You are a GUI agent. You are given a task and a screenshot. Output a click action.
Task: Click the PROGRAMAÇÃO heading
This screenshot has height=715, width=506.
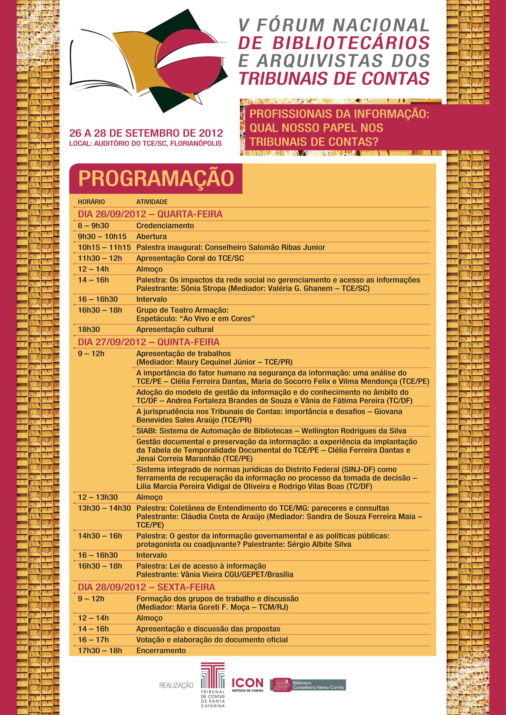pos(156,178)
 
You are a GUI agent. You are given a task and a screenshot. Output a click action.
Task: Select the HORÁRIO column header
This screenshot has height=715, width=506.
pos(91,202)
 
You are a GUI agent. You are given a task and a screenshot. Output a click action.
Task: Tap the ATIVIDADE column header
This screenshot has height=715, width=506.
pos(152,202)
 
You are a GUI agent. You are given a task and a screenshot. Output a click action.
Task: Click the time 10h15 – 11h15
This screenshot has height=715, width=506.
pos(104,248)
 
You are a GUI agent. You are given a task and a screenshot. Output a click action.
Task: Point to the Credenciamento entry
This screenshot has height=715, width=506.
pos(165,226)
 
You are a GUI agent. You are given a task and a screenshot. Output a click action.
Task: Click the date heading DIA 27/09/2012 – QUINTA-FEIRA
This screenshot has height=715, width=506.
pos(149,342)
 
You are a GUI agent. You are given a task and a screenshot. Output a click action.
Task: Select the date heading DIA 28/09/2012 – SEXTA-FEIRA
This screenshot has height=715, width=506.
pos(147,587)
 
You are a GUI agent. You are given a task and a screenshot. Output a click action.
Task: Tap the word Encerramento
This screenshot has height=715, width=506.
pos(161,650)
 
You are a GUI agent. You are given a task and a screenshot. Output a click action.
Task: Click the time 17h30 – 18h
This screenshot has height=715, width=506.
pos(100,650)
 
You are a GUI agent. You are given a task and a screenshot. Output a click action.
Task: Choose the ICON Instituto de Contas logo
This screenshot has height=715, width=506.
pos(247,685)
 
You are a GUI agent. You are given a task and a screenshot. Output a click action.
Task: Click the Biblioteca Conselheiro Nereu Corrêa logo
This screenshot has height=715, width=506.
pos(308,685)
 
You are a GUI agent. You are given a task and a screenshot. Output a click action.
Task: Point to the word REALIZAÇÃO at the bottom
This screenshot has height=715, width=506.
pos(176,685)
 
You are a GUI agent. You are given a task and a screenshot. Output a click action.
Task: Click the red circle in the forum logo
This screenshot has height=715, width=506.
pos(187,59)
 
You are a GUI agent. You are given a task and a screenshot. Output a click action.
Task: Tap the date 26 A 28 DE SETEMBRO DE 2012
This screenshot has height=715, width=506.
pos(146,133)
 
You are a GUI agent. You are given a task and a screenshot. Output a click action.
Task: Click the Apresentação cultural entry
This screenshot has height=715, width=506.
pos(174,329)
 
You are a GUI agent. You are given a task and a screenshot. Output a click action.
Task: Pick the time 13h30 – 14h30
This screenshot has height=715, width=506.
pos(104,508)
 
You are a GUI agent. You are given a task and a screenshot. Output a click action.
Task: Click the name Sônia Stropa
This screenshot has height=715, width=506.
pos(203,288)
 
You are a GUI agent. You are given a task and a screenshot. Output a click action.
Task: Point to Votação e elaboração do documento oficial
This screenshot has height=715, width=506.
pos(212,640)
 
